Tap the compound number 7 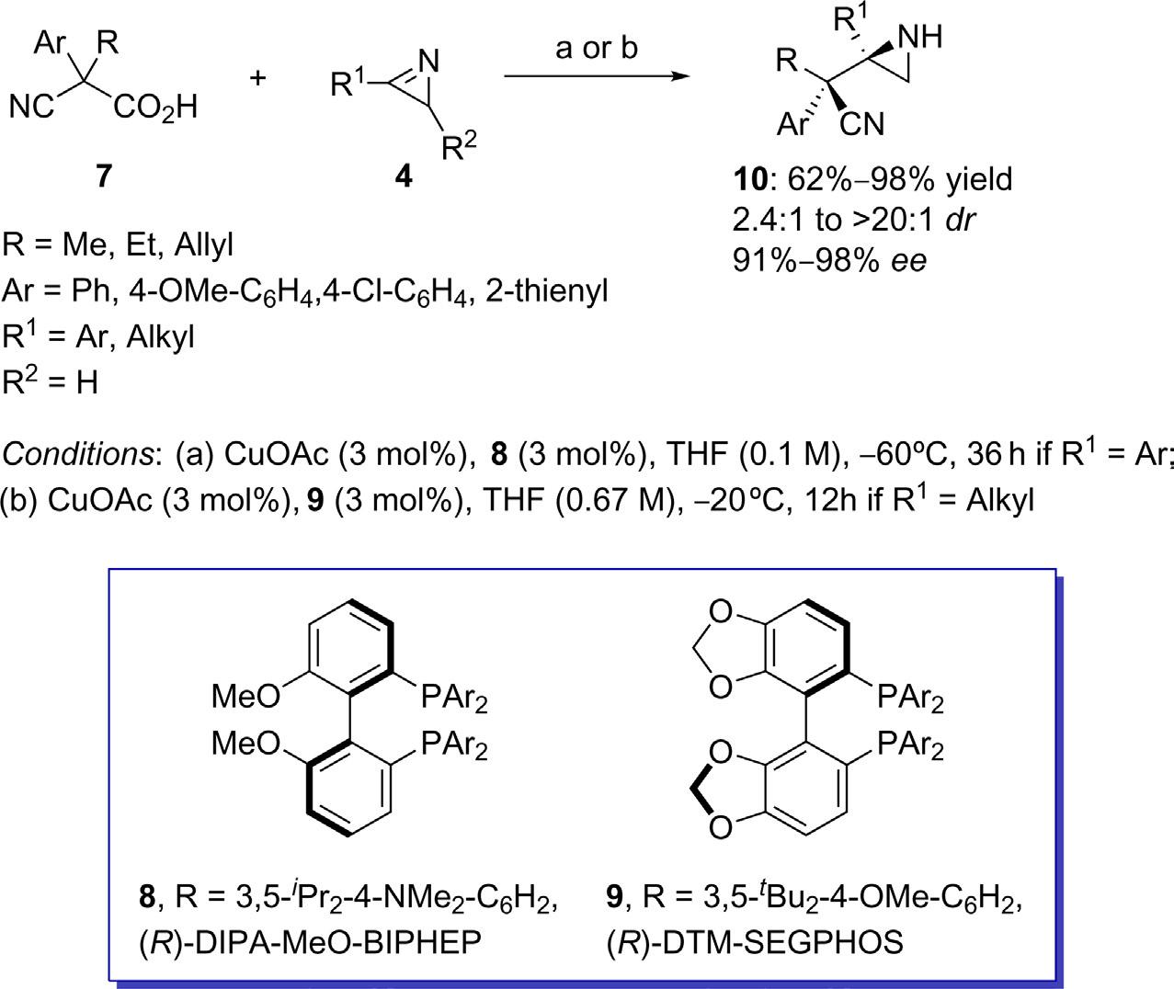(104, 174)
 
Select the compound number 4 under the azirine (403, 175)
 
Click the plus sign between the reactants (258, 78)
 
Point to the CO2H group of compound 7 (155, 108)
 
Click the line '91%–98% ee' (826, 259)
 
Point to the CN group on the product (861, 124)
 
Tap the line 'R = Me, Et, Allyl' (118, 245)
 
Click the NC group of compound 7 (29, 108)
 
